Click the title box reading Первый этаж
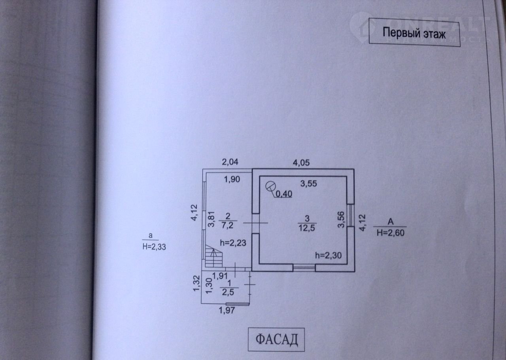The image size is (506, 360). pyautogui.click(x=414, y=33)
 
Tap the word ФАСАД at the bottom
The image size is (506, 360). pyautogui.click(x=276, y=339)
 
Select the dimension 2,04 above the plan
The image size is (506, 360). pyautogui.click(x=231, y=162)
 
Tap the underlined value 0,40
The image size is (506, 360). pyautogui.click(x=284, y=193)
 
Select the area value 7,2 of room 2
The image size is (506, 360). pyautogui.click(x=228, y=225)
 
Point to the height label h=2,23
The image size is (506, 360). pyautogui.click(x=234, y=243)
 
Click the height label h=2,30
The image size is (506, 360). pyautogui.click(x=328, y=256)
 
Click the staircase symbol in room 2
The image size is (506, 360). pyautogui.click(x=214, y=256)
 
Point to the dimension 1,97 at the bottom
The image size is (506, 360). pyautogui.click(x=227, y=311)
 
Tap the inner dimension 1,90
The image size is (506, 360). pyautogui.click(x=232, y=179)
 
